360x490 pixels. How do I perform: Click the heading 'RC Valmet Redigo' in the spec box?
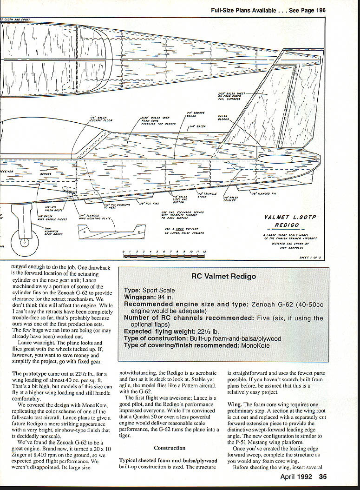tap(224, 276)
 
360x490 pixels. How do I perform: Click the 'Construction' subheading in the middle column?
tap(170, 448)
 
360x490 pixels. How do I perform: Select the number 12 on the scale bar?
tap(204, 252)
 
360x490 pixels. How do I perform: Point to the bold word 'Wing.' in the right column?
tap(236, 404)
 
